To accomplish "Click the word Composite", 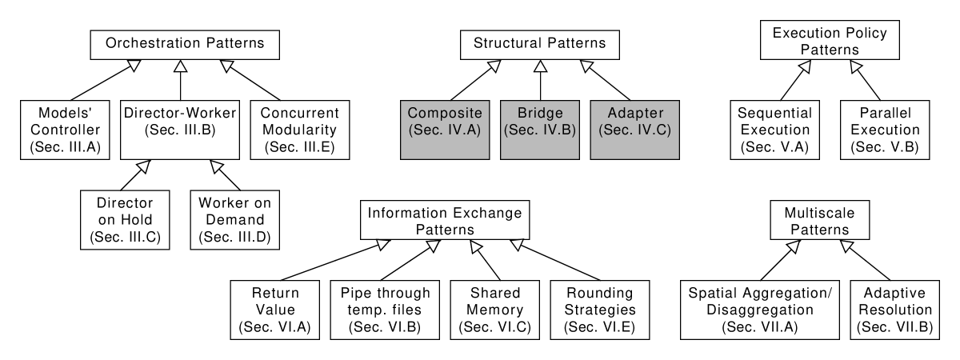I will pyautogui.click(x=445, y=113).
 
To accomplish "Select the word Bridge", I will pyautogui.click(x=540, y=113).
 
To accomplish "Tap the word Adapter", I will pyautogui.click(x=635, y=113).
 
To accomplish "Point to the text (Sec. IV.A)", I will pyautogui.click(x=445, y=130).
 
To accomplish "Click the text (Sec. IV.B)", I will pyautogui.click(x=540, y=130).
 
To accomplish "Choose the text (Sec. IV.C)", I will pyautogui.click(x=635, y=130).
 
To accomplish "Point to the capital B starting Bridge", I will pyautogui.click(x=522, y=113).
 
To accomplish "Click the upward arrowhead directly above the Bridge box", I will pyautogui.click(x=541, y=66).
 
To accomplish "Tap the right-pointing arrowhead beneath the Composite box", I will pyautogui.click(x=476, y=247).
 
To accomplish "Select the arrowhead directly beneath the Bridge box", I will pyautogui.click(x=517, y=245).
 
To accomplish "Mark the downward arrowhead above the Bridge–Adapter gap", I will pyautogui.click(x=586, y=66).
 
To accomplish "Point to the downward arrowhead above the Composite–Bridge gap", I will pyautogui.click(x=494, y=66).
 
